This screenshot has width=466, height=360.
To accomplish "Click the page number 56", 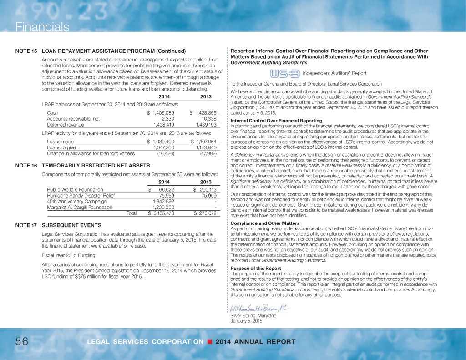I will click(16, 342).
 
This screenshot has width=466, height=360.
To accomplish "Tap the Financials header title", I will click(35, 27).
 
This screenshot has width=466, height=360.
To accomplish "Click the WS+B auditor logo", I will click(284, 74).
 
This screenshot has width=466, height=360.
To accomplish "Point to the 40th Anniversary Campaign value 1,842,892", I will click(161, 201).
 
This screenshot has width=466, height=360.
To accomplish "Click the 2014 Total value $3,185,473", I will click(161, 213).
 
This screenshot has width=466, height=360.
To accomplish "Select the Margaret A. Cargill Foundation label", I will click(81, 207).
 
